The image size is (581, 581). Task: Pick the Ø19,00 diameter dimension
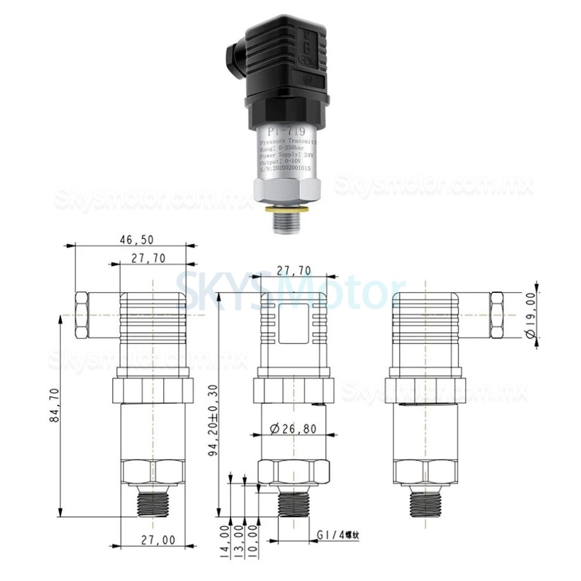(531, 317)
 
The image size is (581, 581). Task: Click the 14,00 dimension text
(225, 542)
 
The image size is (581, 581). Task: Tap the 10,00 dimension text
(254, 542)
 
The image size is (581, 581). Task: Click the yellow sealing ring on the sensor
(285, 207)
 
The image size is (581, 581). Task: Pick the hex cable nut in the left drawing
(83, 315)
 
